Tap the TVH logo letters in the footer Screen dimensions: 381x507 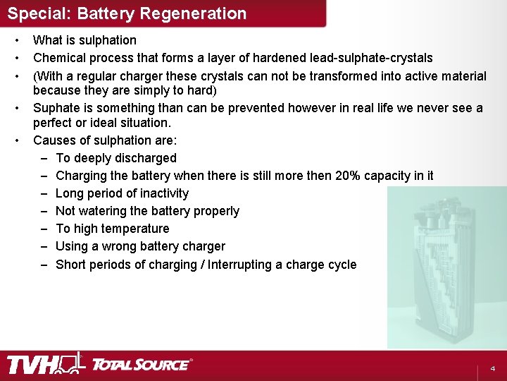point(32,365)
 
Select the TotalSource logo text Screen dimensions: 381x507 point(141,365)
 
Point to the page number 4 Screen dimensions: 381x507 point(493,369)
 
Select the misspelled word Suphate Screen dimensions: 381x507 point(56,108)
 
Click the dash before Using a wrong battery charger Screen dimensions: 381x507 point(44,246)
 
